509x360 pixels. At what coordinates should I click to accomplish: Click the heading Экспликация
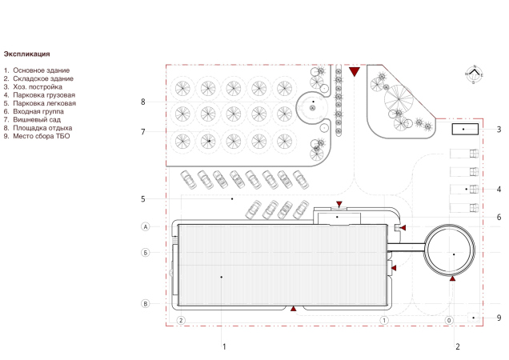pyautogui.click(x=26, y=54)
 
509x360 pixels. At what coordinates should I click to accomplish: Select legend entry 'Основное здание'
pyautogui.click(x=42, y=70)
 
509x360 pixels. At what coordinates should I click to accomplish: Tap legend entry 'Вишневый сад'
pyautogui.click(x=37, y=120)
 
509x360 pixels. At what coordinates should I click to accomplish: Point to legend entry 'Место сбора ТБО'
pyautogui.click(x=42, y=136)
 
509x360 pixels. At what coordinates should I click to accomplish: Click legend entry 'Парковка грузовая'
pyautogui.click(x=44, y=95)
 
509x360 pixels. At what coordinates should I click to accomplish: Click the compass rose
pyautogui.click(x=475, y=74)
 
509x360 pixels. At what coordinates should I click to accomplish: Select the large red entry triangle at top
pyautogui.click(x=355, y=72)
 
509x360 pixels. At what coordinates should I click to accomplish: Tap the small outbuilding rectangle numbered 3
pyautogui.click(x=465, y=129)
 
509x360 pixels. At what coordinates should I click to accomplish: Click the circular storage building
pyautogui.click(x=449, y=250)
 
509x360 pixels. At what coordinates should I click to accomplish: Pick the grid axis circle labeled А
pyautogui.click(x=146, y=226)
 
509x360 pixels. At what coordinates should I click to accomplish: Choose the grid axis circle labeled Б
pyautogui.click(x=146, y=252)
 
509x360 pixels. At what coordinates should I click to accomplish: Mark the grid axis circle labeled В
pyautogui.click(x=146, y=303)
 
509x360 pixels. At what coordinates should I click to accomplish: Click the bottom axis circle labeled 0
pyautogui.click(x=449, y=320)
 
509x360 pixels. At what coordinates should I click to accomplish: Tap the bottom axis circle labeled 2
pyautogui.click(x=181, y=320)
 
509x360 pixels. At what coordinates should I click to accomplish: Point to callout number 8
pyautogui.click(x=142, y=102)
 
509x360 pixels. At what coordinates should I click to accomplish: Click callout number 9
pyautogui.click(x=499, y=318)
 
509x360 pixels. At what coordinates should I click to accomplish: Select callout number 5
pyautogui.click(x=142, y=199)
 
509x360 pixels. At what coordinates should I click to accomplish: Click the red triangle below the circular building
pyautogui.click(x=452, y=278)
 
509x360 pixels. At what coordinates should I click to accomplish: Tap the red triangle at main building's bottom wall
pyautogui.click(x=293, y=309)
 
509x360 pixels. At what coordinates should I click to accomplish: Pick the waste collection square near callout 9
pyautogui.click(x=473, y=317)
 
